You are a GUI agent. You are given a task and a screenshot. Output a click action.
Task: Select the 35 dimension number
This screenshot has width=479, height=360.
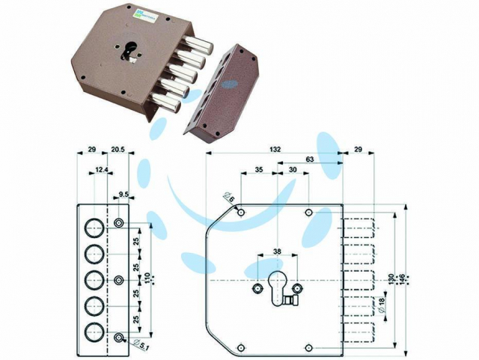(x=259, y=171)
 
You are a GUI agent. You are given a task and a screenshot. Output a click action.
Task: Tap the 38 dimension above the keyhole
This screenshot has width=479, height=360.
(x=277, y=251)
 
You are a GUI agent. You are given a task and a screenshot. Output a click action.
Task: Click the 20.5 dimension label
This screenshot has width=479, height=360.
(x=118, y=150)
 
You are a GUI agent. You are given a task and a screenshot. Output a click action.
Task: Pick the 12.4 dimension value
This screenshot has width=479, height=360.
(x=100, y=171)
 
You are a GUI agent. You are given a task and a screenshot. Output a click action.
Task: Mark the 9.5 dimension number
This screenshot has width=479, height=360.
(x=124, y=195)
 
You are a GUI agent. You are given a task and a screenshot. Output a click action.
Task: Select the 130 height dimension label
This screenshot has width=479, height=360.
(x=394, y=278)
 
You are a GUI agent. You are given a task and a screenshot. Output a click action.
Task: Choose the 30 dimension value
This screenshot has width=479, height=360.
(x=293, y=171)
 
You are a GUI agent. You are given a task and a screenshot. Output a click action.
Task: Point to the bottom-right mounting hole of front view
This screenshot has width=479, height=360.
(x=308, y=346)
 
